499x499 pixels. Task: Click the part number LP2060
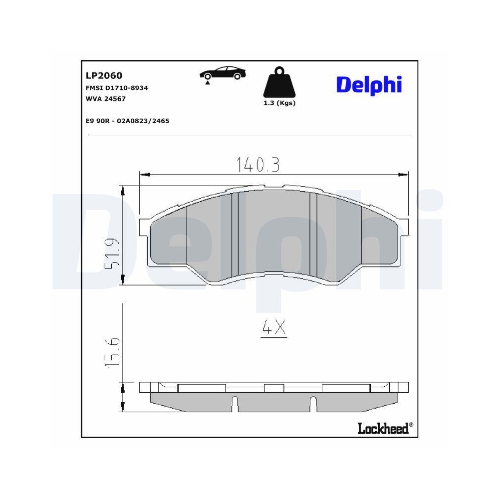[x=104, y=75]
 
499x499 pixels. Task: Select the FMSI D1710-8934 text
[x=117, y=88]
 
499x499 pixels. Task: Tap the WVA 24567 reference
[x=106, y=99]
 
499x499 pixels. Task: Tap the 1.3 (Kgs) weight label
[x=279, y=103]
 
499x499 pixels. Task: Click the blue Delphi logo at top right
[x=369, y=84]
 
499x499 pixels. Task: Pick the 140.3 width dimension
[x=257, y=164]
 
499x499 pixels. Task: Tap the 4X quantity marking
[x=274, y=328]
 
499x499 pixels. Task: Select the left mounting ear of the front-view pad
[x=144, y=227]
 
